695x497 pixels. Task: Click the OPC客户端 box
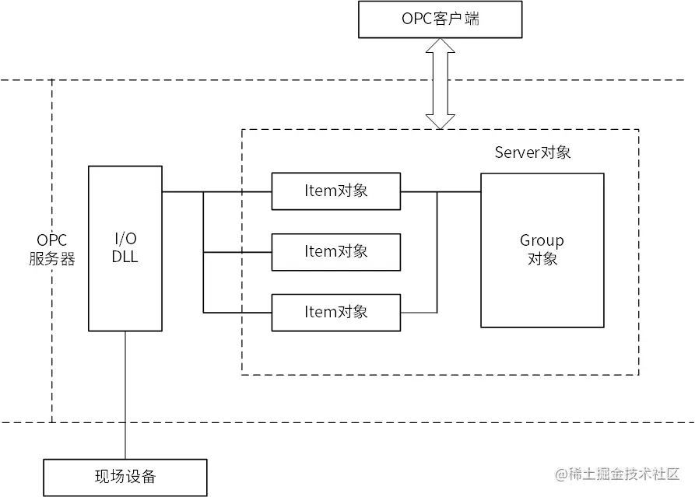(x=441, y=19)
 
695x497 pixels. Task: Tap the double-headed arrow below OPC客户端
(x=441, y=84)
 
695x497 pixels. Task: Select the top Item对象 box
(x=336, y=191)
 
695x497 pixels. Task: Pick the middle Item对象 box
(x=336, y=252)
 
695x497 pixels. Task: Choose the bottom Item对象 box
(x=336, y=313)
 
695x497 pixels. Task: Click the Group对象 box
(x=542, y=250)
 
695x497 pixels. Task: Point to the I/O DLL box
(x=125, y=249)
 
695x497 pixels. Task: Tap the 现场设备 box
(x=125, y=478)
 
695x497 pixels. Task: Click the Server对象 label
(x=532, y=152)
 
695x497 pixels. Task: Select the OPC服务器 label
(x=52, y=250)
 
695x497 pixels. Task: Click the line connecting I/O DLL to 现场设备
(x=125, y=395)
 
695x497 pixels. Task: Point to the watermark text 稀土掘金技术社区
(x=624, y=474)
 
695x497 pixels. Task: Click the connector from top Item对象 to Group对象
(x=441, y=192)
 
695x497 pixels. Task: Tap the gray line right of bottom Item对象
(x=419, y=313)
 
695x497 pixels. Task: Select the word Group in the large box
(x=542, y=241)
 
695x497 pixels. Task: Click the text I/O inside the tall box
(x=125, y=240)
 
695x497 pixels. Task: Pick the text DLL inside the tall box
(x=125, y=257)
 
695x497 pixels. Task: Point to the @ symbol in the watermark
(x=561, y=474)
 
